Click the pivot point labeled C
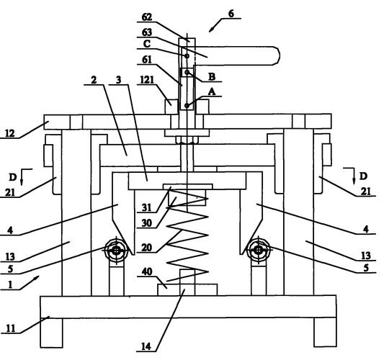click(187, 56)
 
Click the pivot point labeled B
click(187, 72)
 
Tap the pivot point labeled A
click(187, 105)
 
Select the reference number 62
click(147, 17)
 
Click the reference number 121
click(147, 79)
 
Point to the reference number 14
click(146, 346)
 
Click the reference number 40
click(147, 271)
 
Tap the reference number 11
click(10, 328)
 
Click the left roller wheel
click(117, 250)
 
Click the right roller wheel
click(259, 250)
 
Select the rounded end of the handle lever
click(276, 55)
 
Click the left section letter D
click(13, 176)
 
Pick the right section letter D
click(363, 176)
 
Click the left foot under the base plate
click(51, 333)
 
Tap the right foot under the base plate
click(325, 332)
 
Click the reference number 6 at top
click(231, 14)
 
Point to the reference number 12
click(10, 133)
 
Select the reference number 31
click(147, 207)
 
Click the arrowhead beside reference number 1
click(36, 278)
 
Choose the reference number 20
click(147, 248)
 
